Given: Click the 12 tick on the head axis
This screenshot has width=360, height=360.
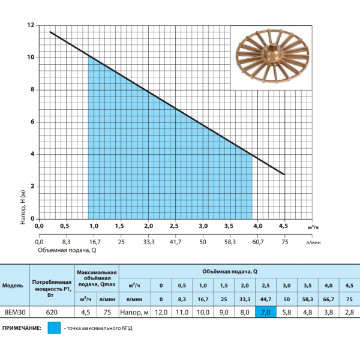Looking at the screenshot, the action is click(31, 25).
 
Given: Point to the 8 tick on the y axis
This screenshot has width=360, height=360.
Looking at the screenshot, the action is click(32, 89).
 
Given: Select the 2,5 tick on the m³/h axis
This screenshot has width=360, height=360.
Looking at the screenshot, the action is click(174, 226).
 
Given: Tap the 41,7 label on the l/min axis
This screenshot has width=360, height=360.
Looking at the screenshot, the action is click(175, 242).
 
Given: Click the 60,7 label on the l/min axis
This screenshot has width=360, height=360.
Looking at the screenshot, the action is click(258, 242).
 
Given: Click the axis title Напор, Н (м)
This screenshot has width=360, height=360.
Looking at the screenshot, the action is click(23, 207).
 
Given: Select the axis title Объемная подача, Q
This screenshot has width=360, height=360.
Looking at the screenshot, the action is click(67, 250).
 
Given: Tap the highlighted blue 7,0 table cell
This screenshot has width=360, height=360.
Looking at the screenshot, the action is click(266, 312).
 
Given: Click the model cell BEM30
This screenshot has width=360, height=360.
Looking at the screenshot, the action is click(15, 312).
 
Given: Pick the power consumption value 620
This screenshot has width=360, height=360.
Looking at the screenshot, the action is click(52, 312).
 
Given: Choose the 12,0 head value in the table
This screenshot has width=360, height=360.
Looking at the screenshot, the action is click(161, 312).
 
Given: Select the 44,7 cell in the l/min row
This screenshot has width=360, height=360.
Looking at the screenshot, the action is click(266, 299).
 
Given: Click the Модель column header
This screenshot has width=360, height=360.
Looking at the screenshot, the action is click(13, 286).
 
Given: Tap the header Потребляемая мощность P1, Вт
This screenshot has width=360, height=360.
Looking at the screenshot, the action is click(52, 289).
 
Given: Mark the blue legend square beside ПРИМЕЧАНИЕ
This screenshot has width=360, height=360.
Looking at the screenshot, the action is click(54, 328).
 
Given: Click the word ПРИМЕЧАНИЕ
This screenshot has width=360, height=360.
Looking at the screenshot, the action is click(22, 328).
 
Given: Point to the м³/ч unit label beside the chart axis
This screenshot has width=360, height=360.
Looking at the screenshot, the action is click(313, 227).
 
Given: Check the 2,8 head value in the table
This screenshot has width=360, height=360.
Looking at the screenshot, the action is click(349, 312).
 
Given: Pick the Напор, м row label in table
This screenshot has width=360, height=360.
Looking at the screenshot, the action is click(134, 312).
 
